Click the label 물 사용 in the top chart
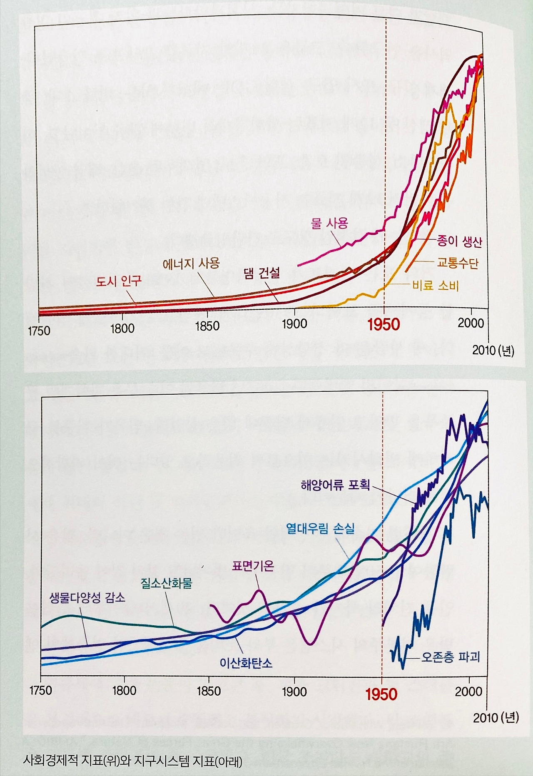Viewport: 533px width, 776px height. click(x=329, y=224)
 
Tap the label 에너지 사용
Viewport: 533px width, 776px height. click(x=191, y=263)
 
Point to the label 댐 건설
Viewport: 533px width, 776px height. click(x=262, y=273)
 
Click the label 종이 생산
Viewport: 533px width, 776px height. click(x=459, y=241)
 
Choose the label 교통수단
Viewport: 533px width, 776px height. click(x=457, y=263)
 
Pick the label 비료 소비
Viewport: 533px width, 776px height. click(x=435, y=286)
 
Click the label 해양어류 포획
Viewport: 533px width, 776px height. click(x=335, y=485)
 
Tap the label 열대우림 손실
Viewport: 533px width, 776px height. click(x=320, y=529)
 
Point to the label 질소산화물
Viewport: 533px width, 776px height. click(x=166, y=582)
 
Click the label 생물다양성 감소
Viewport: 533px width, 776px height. click(x=87, y=598)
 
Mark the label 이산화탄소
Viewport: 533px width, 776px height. click(x=246, y=663)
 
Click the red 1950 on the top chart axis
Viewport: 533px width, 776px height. click(x=384, y=325)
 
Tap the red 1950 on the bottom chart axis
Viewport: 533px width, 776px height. click(x=381, y=694)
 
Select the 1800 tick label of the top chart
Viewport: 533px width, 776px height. click(x=122, y=328)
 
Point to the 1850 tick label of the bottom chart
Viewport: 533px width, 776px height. click(x=208, y=691)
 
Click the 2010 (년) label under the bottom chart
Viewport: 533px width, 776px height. click(x=496, y=717)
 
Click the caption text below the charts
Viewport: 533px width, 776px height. click(x=132, y=761)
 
